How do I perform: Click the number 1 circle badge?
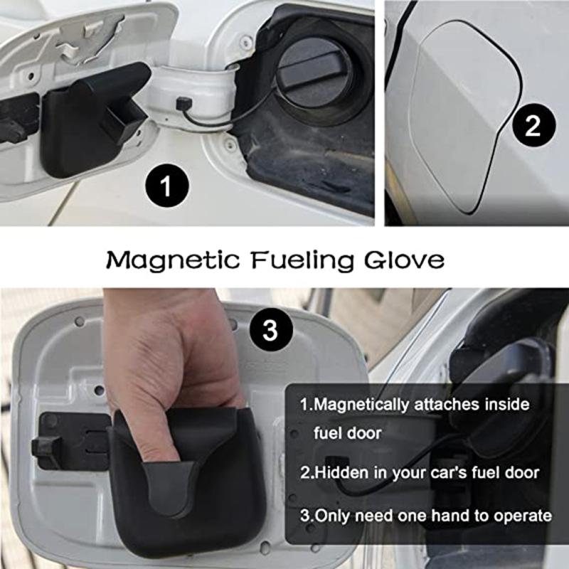coord(166,188)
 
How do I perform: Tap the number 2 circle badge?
coord(532,126)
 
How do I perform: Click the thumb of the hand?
coord(171,441)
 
